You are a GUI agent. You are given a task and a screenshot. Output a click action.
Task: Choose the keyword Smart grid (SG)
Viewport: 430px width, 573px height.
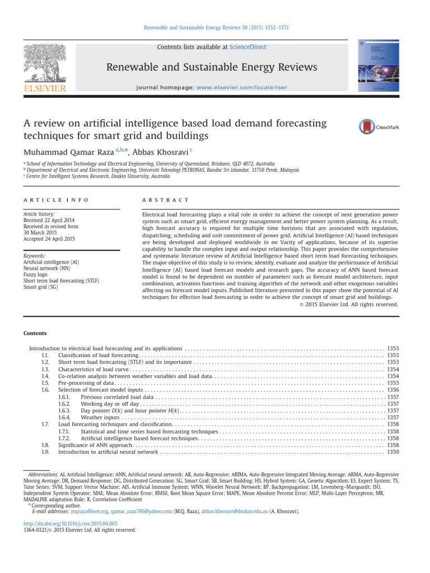pyautogui.click(x=43, y=289)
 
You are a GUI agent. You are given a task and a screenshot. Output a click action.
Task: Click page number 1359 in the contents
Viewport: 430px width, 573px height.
pyautogui.click(x=392, y=452)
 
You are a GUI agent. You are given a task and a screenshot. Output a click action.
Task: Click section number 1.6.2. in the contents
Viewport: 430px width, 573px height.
pyautogui.click(x=65, y=403)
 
